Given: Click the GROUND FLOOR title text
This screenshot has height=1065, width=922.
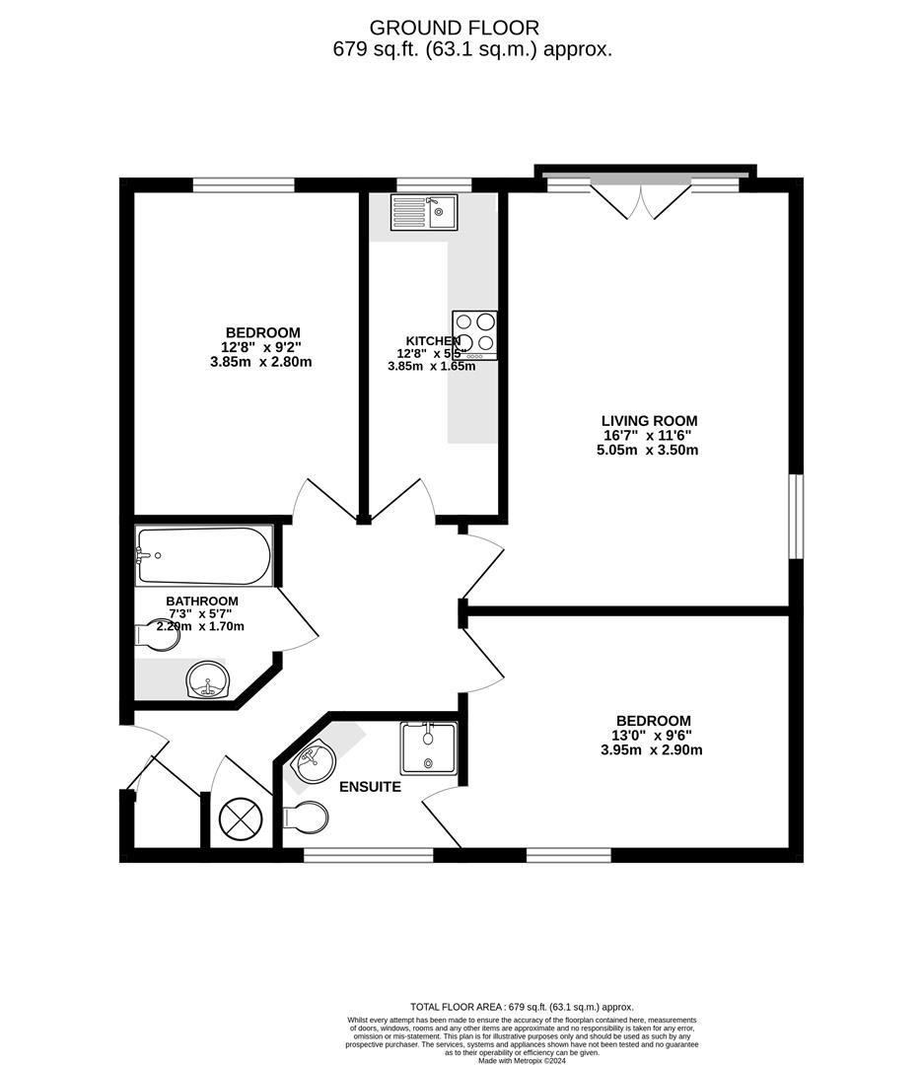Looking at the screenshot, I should pos(468,28).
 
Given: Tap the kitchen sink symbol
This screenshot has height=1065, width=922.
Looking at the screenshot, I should pos(423,212).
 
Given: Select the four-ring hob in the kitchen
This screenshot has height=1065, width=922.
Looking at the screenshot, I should pos(475,335).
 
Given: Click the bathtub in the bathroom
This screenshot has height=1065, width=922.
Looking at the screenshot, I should pos(203,555).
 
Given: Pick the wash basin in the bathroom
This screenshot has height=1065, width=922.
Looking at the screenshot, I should pos(208,680).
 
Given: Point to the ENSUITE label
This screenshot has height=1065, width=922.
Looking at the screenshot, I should pos(370,787).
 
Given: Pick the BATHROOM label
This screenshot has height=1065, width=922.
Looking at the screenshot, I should pos(201,601).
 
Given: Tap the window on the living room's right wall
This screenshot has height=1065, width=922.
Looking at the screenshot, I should pos(797,518).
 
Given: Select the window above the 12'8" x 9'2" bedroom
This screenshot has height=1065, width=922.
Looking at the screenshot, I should pos(244,184).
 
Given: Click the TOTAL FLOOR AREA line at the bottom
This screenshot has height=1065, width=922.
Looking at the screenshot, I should pos(522,1007).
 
